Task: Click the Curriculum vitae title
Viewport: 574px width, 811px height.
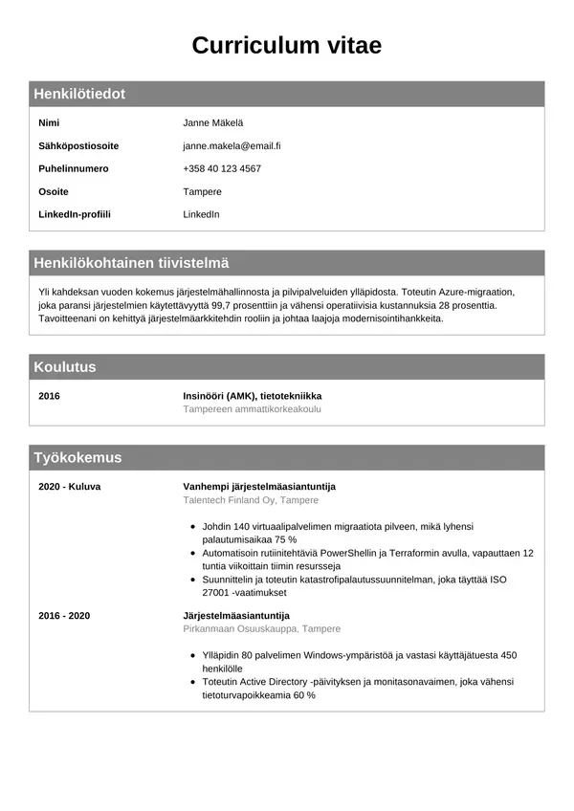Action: tap(287, 45)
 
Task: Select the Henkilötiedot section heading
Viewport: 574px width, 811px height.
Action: tap(79, 94)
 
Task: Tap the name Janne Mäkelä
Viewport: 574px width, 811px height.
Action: tap(212, 123)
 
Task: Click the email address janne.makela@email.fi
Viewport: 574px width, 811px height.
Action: tap(232, 146)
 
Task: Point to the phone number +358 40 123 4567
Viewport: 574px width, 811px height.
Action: tap(222, 168)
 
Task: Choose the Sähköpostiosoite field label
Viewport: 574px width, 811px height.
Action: tap(78, 146)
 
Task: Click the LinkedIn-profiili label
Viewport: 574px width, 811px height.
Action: tap(75, 214)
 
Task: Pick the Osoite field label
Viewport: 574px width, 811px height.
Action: tap(54, 191)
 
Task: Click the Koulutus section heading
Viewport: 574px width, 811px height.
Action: tap(65, 367)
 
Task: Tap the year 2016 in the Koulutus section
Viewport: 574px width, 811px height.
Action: tap(49, 395)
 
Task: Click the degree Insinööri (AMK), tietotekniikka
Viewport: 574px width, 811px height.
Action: tap(253, 395)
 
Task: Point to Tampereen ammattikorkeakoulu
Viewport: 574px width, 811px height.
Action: tap(252, 408)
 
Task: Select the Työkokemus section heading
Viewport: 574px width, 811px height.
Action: tap(77, 457)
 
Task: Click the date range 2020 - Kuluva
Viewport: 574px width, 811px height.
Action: tap(69, 486)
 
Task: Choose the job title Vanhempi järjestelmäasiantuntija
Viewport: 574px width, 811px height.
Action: tap(259, 486)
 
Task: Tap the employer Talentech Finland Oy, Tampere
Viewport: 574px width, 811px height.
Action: tap(251, 500)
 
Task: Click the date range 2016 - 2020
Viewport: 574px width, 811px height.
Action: tap(64, 615)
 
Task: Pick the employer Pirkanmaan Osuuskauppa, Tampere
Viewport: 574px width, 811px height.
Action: tap(261, 629)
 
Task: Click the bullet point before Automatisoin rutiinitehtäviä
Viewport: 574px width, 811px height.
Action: tap(194, 554)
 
